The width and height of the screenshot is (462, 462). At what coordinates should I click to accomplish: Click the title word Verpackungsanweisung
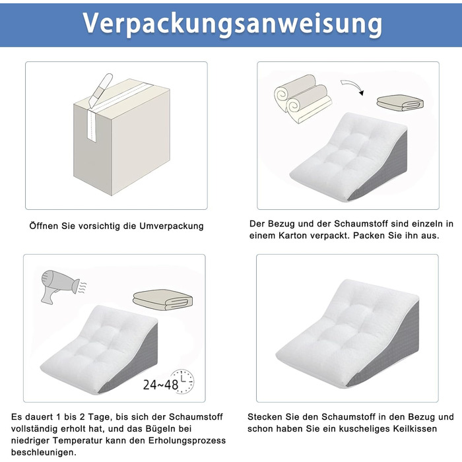(232, 24)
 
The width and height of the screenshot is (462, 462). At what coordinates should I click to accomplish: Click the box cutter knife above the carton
(100, 90)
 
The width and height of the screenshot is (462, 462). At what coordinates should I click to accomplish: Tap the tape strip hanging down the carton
(92, 125)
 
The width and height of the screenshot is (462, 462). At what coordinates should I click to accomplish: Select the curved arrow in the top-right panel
(352, 87)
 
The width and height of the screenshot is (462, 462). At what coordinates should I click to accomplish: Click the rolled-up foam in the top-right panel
(302, 98)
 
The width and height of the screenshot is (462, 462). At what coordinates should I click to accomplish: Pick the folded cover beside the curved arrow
(400, 103)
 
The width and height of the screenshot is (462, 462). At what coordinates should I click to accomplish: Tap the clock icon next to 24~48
(183, 381)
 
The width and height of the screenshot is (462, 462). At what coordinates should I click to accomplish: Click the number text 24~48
(160, 385)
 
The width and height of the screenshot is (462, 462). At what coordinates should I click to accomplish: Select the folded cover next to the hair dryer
(162, 300)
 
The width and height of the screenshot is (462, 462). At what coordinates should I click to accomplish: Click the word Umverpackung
(172, 226)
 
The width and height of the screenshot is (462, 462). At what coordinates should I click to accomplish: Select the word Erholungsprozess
(187, 440)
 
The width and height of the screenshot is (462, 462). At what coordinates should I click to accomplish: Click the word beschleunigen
(44, 452)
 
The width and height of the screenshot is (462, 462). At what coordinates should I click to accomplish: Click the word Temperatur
(79, 440)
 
